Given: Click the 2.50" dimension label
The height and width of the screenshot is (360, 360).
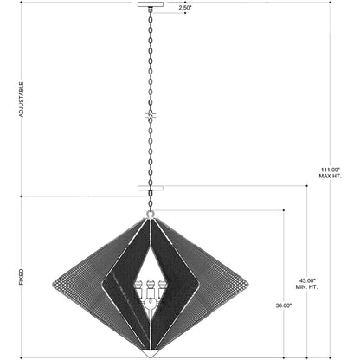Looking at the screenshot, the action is [185, 8].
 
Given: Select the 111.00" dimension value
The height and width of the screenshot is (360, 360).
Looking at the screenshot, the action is [331, 170].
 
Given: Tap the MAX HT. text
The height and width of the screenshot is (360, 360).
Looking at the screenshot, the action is [330, 176].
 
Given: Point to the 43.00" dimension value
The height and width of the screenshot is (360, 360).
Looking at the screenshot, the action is [307, 280].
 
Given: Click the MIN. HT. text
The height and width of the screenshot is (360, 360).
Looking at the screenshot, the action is [306, 287].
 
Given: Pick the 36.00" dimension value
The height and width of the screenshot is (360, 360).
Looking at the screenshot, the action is [284, 305].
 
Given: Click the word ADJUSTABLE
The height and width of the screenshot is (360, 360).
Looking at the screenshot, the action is [22, 100].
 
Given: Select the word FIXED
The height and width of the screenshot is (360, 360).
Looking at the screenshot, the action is [22, 277].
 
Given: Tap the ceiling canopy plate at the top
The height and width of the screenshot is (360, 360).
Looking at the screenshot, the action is [151, 4].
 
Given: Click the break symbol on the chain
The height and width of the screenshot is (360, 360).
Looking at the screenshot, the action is [151, 115].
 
